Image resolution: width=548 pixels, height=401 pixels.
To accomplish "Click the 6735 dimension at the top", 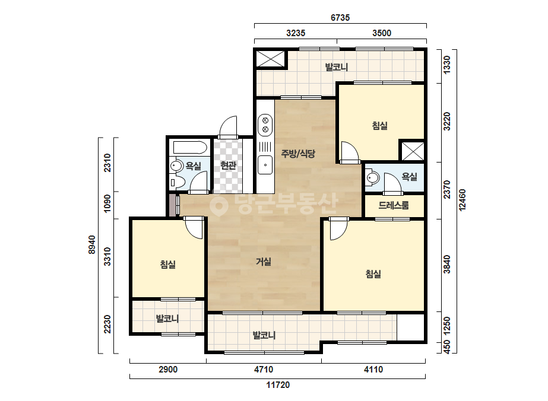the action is click(340, 17).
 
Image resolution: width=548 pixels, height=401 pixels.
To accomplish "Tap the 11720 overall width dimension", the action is click(278, 385).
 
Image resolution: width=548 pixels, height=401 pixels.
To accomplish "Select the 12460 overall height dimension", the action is click(462, 200).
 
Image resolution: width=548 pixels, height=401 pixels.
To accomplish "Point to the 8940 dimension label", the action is click(91, 244).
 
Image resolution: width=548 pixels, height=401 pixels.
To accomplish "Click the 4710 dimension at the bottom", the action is click(264, 369).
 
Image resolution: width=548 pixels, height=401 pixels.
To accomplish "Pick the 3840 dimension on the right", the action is click(446, 265).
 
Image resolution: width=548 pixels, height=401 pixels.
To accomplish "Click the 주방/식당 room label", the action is click(298, 154).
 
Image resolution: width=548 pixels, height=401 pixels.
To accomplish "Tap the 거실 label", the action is click(264, 261).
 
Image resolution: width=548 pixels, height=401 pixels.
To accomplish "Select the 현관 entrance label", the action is click(228, 166).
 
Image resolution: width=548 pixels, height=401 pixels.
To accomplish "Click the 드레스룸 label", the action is click(394, 205).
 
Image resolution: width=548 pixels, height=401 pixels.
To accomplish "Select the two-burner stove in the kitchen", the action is click(265, 125).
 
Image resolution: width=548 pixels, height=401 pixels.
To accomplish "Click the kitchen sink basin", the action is click(265, 166).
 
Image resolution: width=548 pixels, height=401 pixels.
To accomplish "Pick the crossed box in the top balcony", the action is click(271, 58).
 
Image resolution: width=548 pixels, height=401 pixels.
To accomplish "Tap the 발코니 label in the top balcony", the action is click(336, 66).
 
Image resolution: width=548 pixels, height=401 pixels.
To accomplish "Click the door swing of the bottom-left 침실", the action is click(194, 228).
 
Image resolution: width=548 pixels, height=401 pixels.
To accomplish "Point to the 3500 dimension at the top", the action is click(382, 33).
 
